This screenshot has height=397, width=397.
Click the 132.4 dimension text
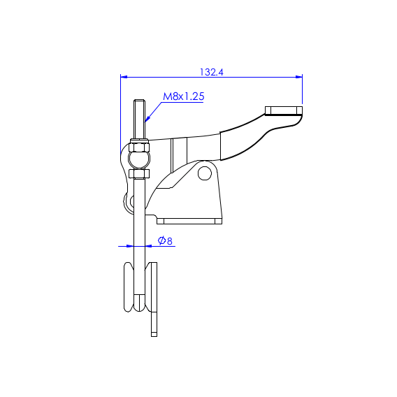pos(212,72)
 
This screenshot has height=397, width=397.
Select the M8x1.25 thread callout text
pos(184,96)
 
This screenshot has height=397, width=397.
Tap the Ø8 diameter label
pos(165,240)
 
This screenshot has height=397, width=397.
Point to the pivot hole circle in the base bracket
pos(205,173)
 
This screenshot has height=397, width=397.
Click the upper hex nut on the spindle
pos(139,147)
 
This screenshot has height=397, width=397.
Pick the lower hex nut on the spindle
pos(139,173)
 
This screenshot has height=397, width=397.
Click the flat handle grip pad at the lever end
pos(284,111)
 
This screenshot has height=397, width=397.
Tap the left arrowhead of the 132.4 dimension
pos(124,77)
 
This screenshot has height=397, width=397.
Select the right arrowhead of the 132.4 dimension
pos(299,77)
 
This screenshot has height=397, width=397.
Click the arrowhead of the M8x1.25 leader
pos(147,119)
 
